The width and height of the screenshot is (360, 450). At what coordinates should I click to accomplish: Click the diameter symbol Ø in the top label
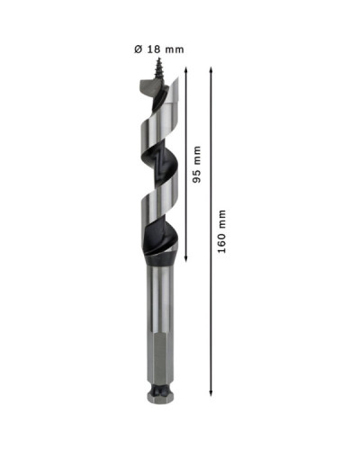(x=138, y=49)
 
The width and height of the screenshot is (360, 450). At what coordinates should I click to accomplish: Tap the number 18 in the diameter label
(x=154, y=49)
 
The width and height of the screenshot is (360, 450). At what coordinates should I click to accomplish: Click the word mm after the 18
(x=175, y=50)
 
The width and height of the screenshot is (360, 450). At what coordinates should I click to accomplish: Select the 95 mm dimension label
(x=197, y=165)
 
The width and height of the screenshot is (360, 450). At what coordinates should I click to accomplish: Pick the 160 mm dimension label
(x=221, y=231)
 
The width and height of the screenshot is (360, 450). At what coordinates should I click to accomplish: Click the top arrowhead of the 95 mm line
(x=186, y=69)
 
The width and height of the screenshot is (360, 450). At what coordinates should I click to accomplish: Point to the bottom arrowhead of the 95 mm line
(x=186, y=258)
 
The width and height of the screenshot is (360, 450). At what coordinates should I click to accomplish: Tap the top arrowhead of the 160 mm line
(x=211, y=69)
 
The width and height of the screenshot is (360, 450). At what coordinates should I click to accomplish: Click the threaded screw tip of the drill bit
(x=157, y=68)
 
